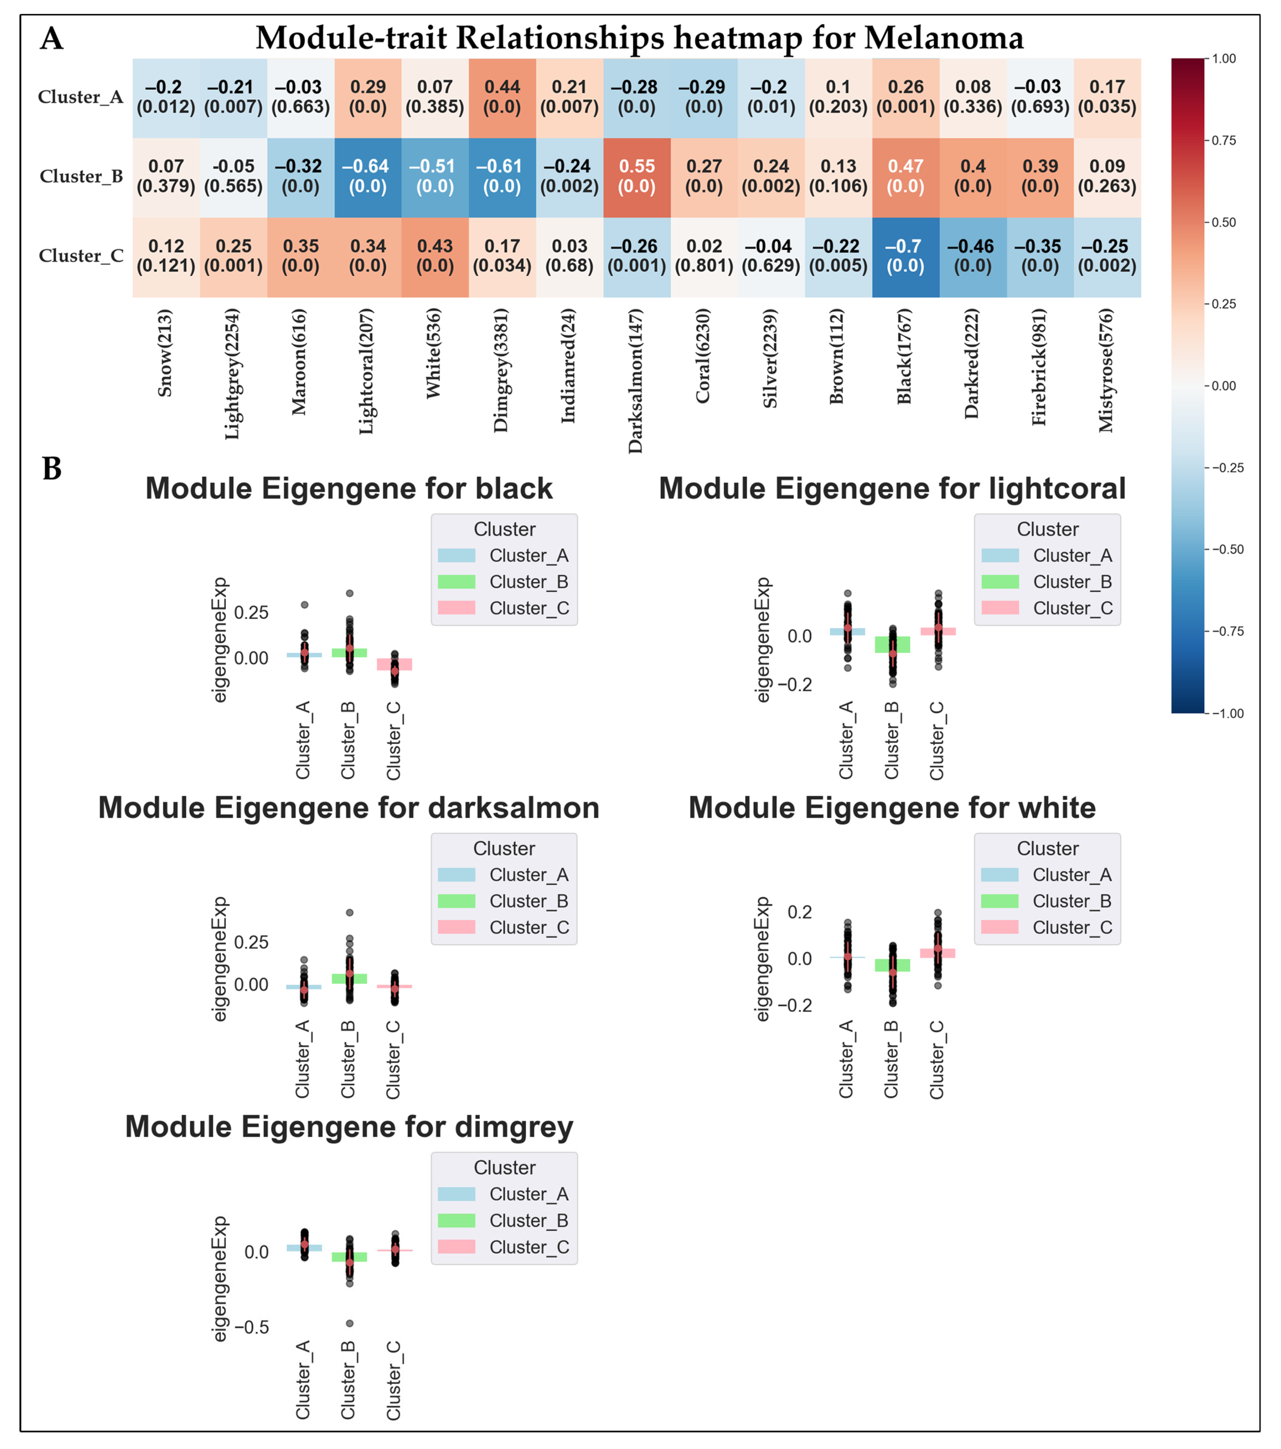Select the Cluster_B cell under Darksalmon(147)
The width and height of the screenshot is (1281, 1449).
pos(637,177)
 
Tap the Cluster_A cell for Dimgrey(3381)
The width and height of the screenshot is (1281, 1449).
pos(502,97)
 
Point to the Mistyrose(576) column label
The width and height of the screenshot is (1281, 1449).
pos(1106,370)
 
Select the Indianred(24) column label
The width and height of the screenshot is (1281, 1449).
pos(569,366)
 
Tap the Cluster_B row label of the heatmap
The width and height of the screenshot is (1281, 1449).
pos(81,177)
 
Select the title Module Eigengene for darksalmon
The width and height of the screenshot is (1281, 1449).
pos(349,807)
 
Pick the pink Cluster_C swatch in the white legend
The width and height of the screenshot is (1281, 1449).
pos(1000,927)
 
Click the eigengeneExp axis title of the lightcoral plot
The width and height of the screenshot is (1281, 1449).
pos(762,640)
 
